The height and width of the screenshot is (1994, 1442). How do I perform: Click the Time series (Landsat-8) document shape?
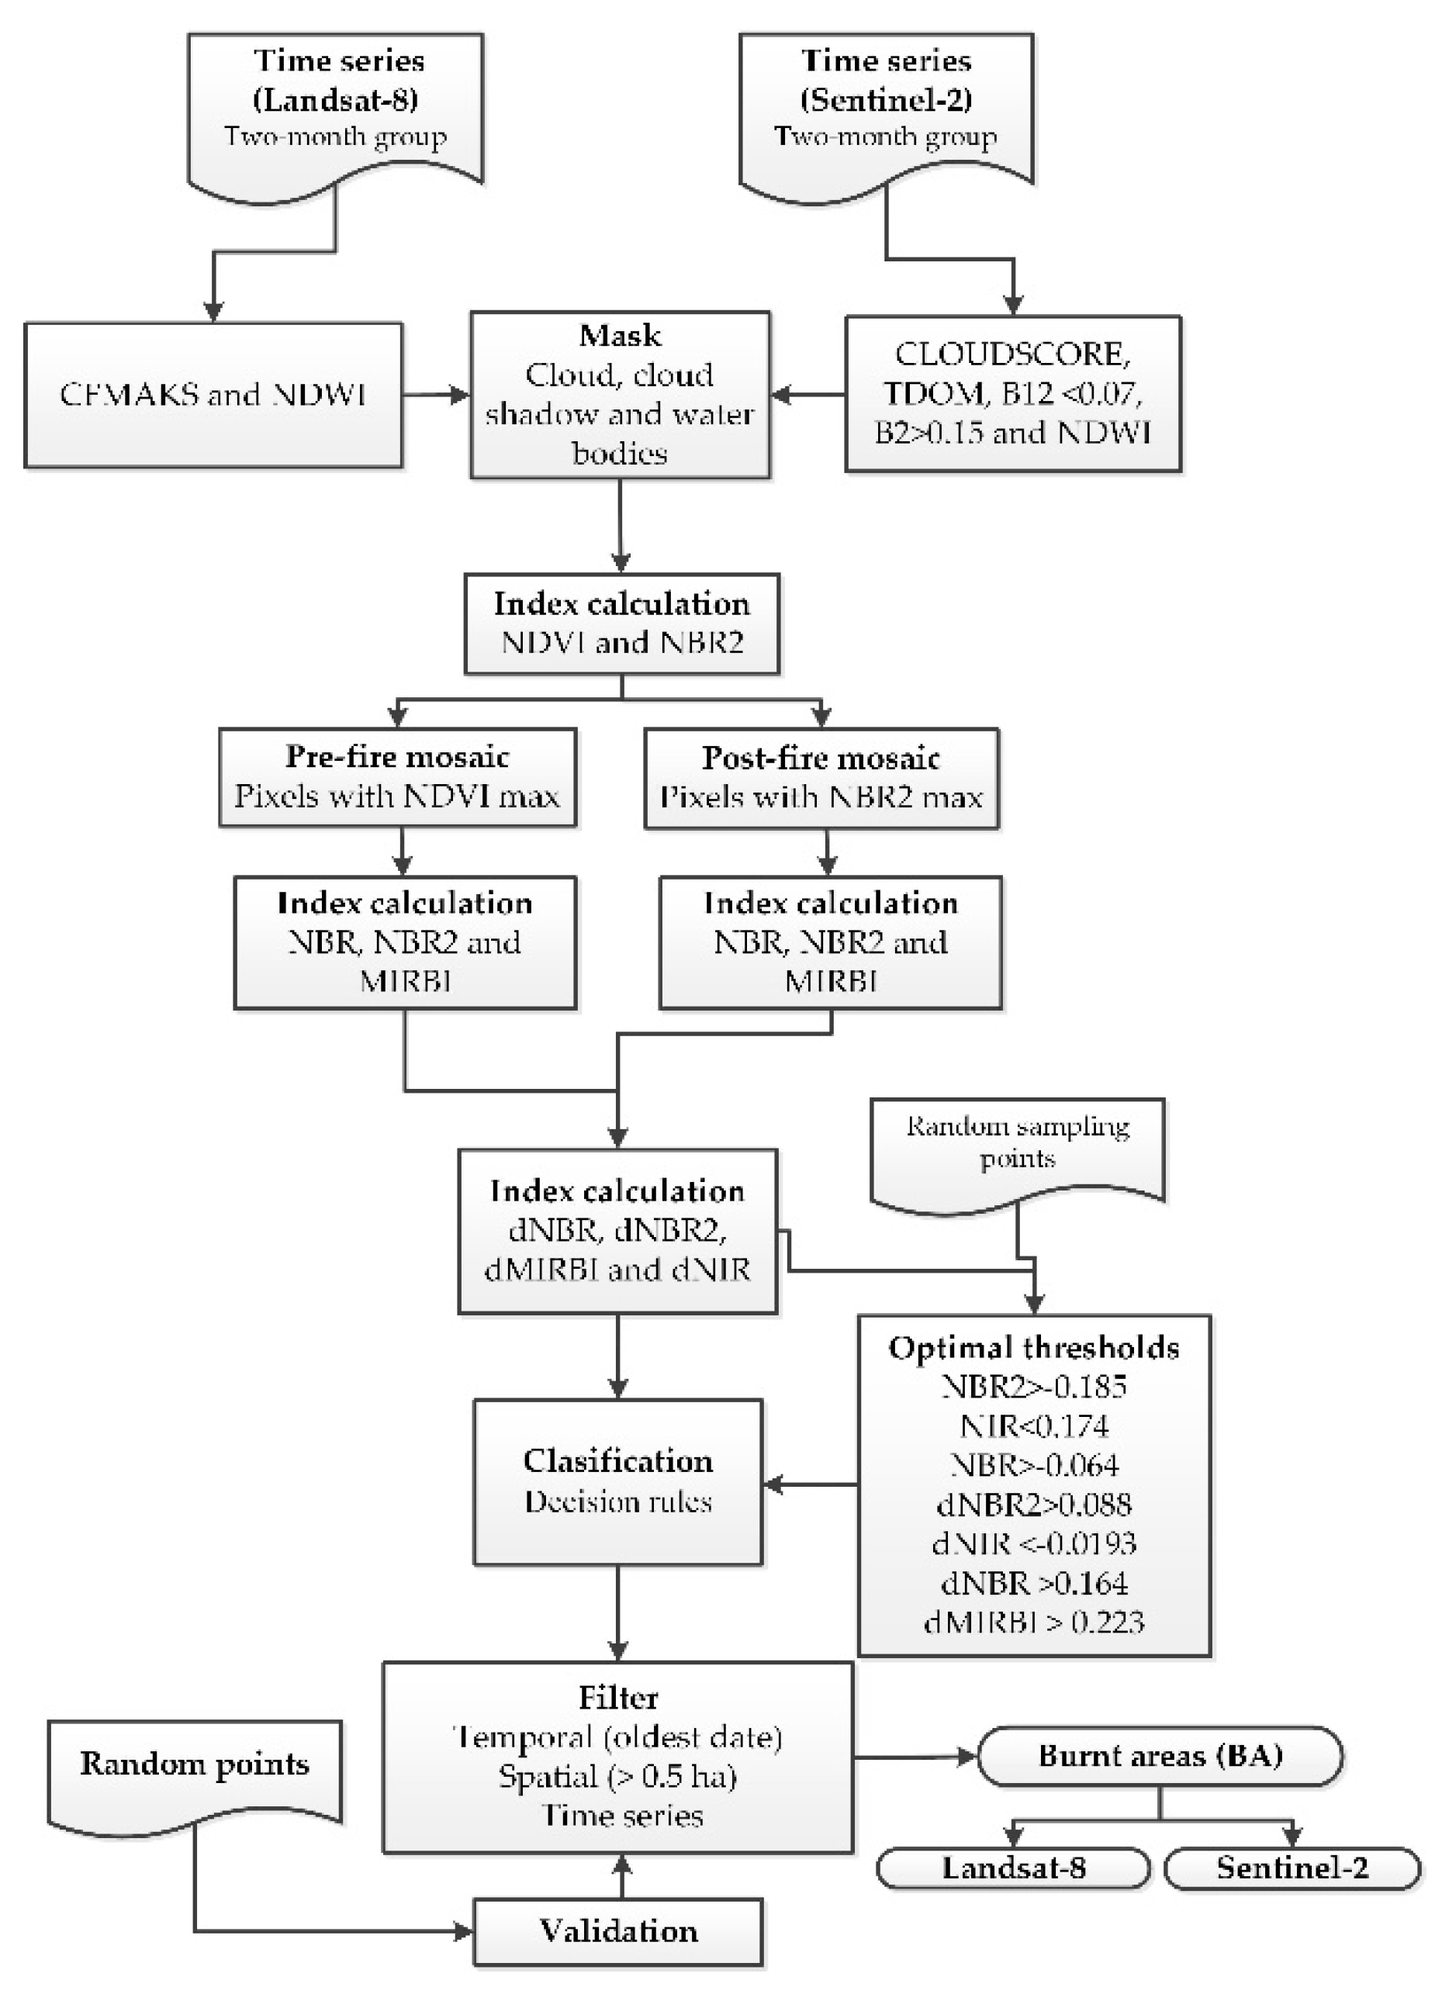(x=335, y=105)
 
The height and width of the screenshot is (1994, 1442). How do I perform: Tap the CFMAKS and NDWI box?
(x=213, y=394)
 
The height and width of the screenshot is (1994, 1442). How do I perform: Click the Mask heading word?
(x=620, y=335)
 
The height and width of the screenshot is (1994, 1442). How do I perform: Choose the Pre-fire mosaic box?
(x=397, y=777)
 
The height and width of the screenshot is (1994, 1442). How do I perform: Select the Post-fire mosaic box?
(x=821, y=778)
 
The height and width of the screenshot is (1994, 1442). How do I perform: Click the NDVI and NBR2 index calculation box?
(x=621, y=624)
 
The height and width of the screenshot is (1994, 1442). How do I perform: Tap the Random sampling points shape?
(x=1018, y=1144)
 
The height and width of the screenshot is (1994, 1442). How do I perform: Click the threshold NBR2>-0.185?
(x=1033, y=1387)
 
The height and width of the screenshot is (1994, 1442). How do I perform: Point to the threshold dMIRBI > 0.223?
(x=1033, y=1621)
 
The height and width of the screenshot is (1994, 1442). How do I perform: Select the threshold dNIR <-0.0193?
(x=1033, y=1543)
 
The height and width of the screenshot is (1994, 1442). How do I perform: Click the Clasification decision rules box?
(x=618, y=1481)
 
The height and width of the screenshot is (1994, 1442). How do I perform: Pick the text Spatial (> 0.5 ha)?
(x=618, y=1777)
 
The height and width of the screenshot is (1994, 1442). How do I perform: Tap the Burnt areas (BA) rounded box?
(x=1160, y=1756)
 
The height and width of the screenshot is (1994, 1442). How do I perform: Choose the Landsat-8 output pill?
(x=1013, y=1868)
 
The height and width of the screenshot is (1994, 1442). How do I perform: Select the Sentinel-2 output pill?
(x=1292, y=1868)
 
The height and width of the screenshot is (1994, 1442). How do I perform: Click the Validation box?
(x=618, y=1932)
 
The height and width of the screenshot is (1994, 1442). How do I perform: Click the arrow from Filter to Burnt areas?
(x=915, y=1757)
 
